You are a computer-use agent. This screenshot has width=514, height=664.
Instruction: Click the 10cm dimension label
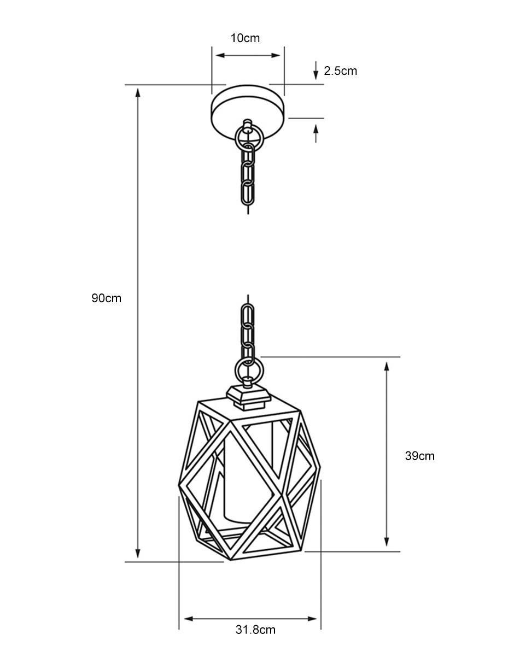click(x=245, y=38)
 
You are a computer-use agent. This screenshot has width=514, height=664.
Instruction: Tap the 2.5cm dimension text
click(x=340, y=71)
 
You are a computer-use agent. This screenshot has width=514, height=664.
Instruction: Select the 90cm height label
click(x=106, y=298)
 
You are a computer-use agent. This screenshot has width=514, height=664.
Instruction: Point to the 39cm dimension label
click(x=419, y=456)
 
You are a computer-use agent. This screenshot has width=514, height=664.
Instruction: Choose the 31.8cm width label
click(x=255, y=630)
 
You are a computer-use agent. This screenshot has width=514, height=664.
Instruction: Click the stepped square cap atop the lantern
click(x=248, y=397)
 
